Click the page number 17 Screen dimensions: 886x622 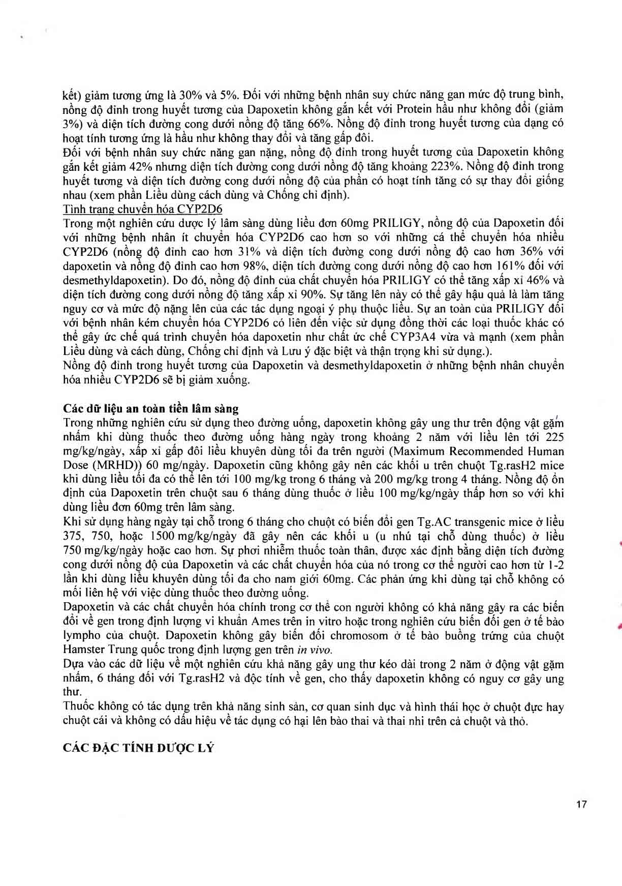coord(582,805)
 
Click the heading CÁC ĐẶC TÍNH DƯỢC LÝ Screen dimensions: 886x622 coord(138,748)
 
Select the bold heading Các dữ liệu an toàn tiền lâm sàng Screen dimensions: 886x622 coord(150,408)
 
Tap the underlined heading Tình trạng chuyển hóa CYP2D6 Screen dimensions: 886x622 coord(142,209)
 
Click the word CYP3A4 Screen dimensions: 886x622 coord(411,337)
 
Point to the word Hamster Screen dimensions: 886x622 coord(82,649)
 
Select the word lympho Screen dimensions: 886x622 coord(80,636)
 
